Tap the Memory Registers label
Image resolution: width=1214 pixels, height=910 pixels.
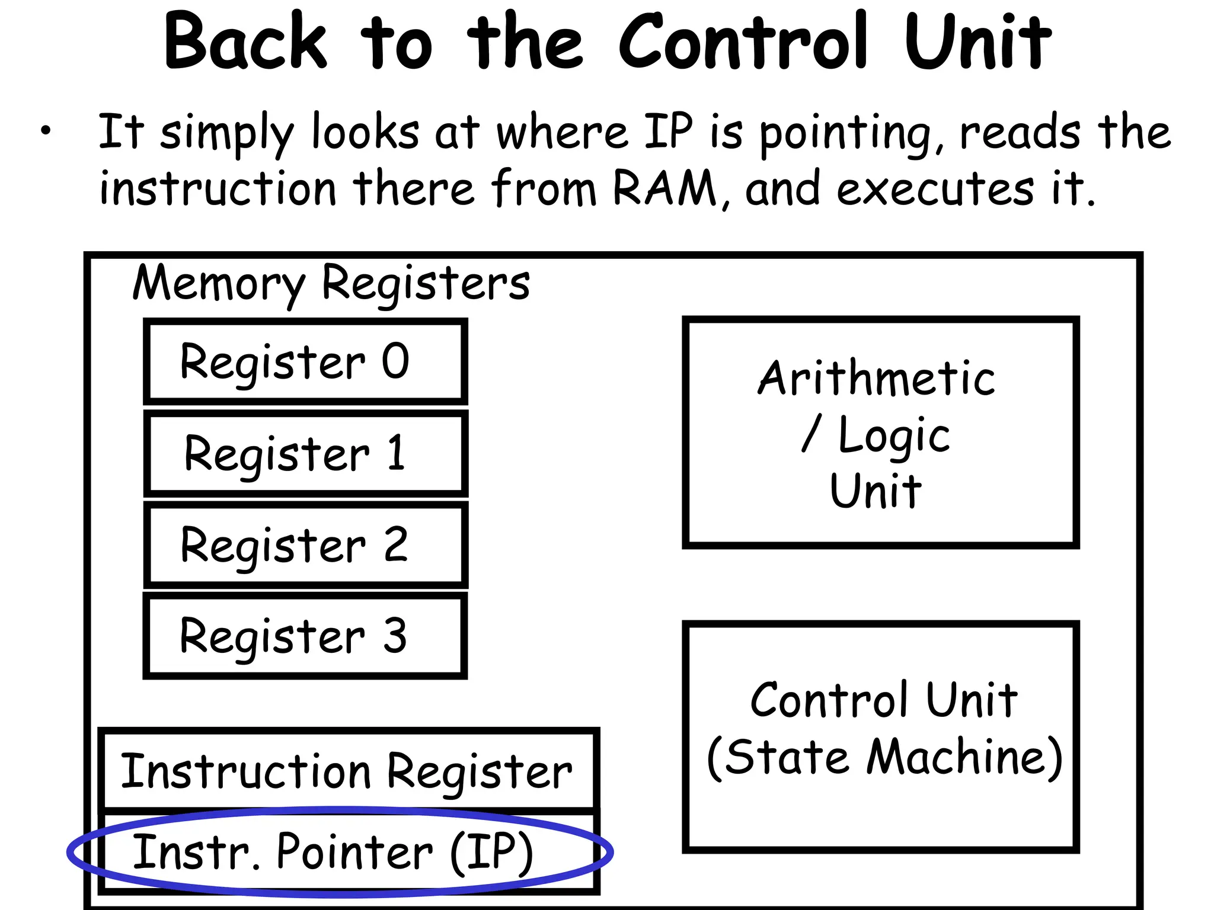[x=331, y=283]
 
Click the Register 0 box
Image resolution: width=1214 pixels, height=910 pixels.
[x=305, y=362]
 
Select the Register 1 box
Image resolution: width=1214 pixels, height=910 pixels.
[x=305, y=453]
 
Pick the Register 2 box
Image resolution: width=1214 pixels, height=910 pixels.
[x=305, y=545]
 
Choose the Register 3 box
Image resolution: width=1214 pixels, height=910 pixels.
[x=305, y=636]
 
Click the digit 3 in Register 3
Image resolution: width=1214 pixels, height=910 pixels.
[x=395, y=636]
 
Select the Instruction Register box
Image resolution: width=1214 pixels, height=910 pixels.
[x=348, y=771]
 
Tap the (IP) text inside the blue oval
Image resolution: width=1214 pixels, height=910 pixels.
[x=492, y=853]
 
